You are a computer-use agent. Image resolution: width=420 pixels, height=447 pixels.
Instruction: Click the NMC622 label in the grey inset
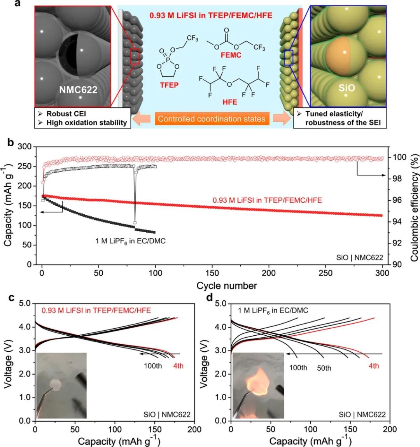(x=78, y=90)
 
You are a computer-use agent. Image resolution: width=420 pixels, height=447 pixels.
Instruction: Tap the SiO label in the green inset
(x=346, y=88)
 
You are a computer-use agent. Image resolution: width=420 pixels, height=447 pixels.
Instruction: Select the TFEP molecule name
(x=169, y=84)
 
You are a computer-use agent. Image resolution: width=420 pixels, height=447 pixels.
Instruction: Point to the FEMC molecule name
(x=231, y=55)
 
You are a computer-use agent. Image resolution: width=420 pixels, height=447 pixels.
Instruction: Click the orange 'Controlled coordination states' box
(x=212, y=119)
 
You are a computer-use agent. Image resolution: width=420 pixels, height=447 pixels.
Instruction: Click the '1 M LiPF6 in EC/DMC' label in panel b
(x=131, y=241)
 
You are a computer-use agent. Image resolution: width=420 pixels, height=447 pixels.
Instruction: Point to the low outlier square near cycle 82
(x=135, y=223)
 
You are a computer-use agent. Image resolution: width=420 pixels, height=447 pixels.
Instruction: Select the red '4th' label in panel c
(x=177, y=366)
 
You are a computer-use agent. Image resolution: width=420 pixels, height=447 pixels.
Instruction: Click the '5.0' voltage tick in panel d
(x=221, y=303)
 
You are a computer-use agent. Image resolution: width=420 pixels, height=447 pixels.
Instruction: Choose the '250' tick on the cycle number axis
(x=325, y=273)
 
